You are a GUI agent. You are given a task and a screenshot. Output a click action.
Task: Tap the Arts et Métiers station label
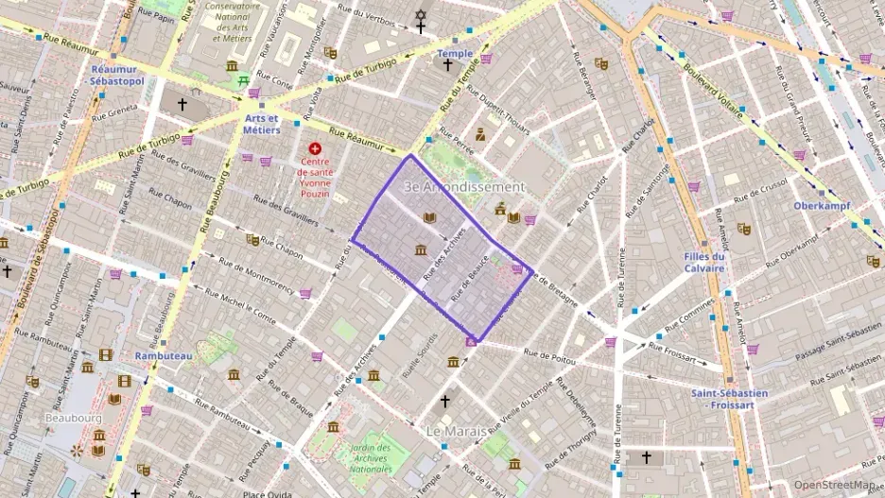coord(262,124)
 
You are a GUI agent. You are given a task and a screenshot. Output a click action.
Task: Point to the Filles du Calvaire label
coord(706,262)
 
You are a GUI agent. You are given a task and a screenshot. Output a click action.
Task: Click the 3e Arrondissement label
coord(463,187)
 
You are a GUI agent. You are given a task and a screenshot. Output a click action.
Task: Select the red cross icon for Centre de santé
coord(315,149)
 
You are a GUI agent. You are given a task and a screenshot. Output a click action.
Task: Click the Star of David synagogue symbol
coord(421,15)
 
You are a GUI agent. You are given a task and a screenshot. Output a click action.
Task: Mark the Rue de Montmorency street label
coord(256,271)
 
